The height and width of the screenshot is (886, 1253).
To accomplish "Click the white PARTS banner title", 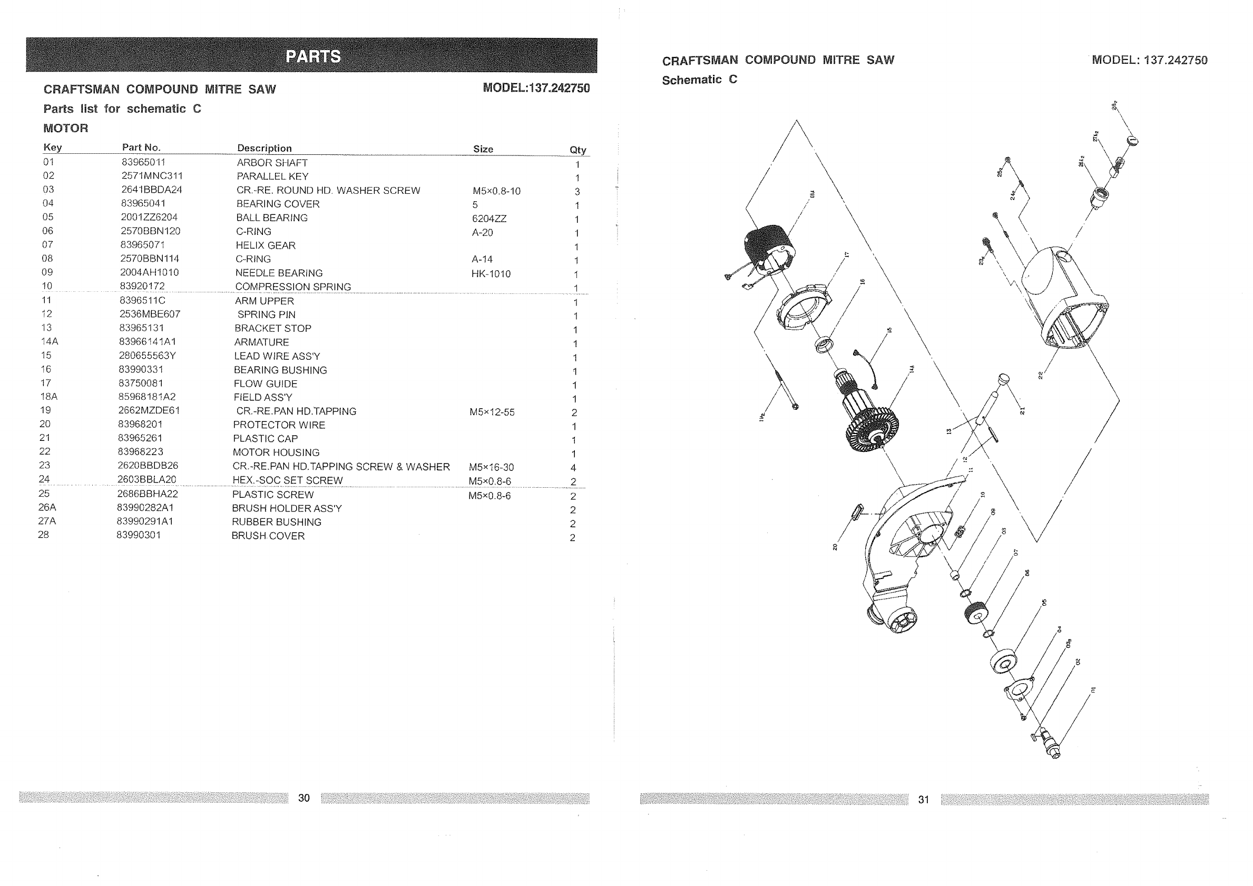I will [312, 56].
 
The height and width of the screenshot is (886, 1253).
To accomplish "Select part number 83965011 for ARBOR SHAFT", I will [143, 162].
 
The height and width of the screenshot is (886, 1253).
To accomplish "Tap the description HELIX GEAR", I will [266, 245].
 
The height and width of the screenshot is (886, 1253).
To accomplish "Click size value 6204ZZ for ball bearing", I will [489, 219].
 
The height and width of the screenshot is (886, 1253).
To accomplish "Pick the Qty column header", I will [577, 150].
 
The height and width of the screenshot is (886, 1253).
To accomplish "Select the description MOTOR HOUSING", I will [276, 452].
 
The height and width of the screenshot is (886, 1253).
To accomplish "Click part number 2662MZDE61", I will [149, 410].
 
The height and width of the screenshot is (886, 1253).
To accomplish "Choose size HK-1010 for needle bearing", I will [491, 274].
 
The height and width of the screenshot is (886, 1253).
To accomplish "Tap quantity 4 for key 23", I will [573, 468].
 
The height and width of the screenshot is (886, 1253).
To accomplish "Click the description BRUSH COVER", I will [268, 536].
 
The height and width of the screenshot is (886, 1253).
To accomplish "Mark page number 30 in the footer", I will [304, 798].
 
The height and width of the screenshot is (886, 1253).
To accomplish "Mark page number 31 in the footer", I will [923, 800].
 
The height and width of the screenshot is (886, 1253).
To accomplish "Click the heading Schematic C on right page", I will [699, 80].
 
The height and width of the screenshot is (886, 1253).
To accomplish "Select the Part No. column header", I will [141, 147].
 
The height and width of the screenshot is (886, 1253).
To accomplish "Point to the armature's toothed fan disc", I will [872, 426].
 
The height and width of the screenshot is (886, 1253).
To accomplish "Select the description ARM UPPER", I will [264, 301].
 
